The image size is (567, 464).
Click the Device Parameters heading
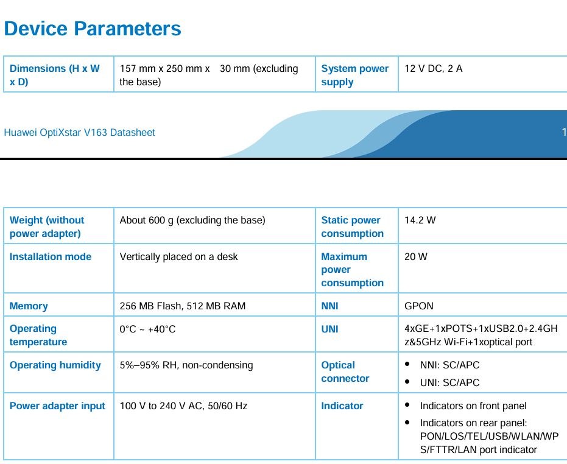[x=92, y=29]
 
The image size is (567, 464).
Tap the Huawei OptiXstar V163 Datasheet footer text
[x=80, y=132]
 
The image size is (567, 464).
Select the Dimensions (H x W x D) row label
[x=55, y=75]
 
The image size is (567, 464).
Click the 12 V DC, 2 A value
[x=433, y=68]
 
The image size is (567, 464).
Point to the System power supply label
[x=354, y=76]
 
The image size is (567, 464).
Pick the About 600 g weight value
[x=192, y=220]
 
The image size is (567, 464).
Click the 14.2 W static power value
[x=420, y=220]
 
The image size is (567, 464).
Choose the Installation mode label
[x=51, y=256]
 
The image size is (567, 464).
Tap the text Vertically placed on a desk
[x=178, y=257]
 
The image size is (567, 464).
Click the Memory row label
[x=29, y=306]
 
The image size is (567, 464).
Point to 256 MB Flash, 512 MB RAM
[x=183, y=306]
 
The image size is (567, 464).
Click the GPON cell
[x=419, y=306]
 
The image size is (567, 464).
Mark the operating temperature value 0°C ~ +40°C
[x=147, y=329]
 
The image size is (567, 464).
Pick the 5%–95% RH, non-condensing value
[x=186, y=365]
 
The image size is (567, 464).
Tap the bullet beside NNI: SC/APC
[x=407, y=364]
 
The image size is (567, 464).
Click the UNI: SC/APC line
[x=449, y=382]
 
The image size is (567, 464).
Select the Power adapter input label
[x=57, y=406]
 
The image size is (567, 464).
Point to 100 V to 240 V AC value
[x=183, y=406]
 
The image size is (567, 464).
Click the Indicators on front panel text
[x=473, y=406]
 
